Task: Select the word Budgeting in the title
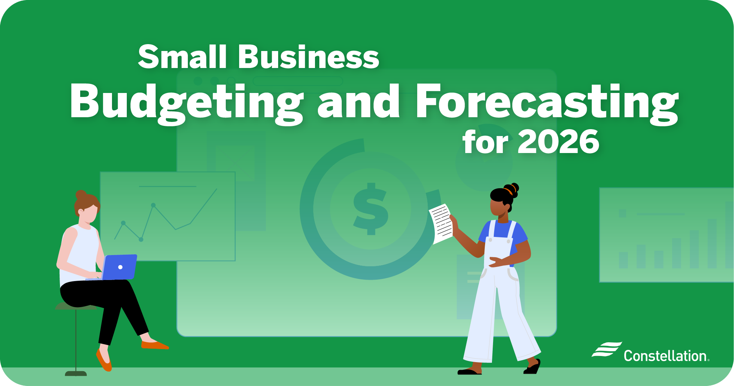click(187, 103)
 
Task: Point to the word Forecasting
click(548, 103)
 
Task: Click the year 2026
click(559, 142)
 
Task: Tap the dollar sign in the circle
click(371, 209)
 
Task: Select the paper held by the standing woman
click(441, 224)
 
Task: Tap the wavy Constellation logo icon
click(607, 349)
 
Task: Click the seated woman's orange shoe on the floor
click(155, 345)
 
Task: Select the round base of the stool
click(76, 373)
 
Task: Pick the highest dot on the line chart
click(154, 205)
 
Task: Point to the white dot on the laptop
click(120, 267)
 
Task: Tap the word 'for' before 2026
click(485, 142)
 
